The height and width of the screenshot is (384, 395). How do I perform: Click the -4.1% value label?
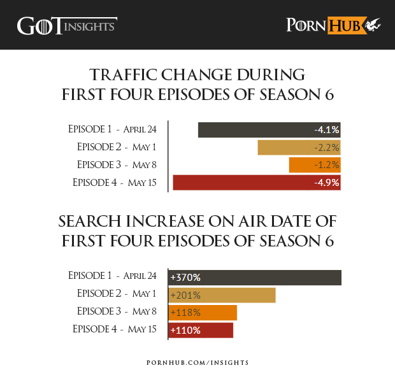(x=326, y=130)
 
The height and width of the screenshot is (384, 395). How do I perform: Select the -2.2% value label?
(x=326, y=148)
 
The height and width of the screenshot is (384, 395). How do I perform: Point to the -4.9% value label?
(x=326, y=183)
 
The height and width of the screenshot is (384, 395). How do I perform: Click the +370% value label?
(x=185, y=278)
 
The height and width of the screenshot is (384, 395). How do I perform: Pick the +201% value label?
(x=185, y=295)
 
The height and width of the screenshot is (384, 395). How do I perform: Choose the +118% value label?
(x=185, y=313)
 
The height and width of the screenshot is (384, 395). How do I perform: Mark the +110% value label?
(x=185, y=331)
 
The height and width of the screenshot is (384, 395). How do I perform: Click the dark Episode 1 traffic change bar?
(x=255, y=130)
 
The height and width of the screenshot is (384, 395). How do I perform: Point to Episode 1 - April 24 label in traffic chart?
(x=112, y=129)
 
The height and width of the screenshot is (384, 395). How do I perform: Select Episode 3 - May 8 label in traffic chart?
(x=117, y=164)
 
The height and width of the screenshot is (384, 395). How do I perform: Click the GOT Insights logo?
(x=66, y=25)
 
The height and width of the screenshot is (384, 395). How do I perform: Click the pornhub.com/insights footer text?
(x=197, y=362)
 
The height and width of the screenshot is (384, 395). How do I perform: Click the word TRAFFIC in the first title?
(x=126, y=73)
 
